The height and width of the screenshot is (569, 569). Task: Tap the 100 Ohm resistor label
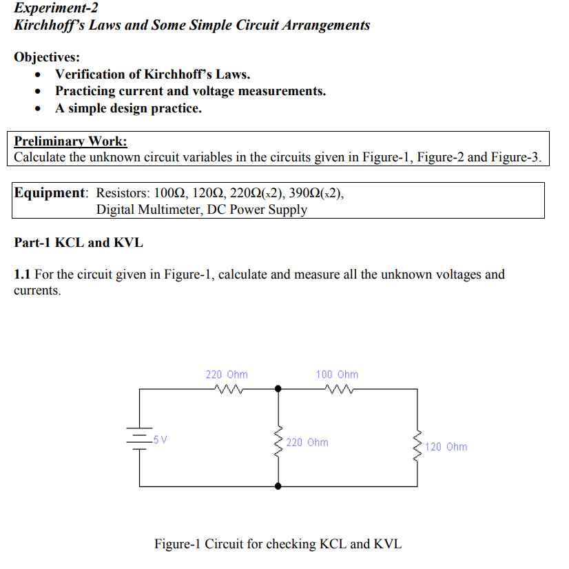tap(337, 375)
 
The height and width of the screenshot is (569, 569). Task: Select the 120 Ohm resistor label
tap(446, 447)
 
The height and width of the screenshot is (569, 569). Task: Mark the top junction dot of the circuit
tap(278, 390)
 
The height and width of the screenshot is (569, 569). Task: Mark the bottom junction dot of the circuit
tap(278, 486)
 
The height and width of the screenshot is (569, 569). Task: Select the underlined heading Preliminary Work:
tap(70, 141)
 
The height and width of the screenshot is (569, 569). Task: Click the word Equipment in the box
tap(49, 192)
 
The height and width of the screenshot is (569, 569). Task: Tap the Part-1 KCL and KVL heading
tap(79, 243)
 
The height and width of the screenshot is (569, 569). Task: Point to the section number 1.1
tap(22, 274)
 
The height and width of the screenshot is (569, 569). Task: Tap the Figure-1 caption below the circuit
tap(278, 544)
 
